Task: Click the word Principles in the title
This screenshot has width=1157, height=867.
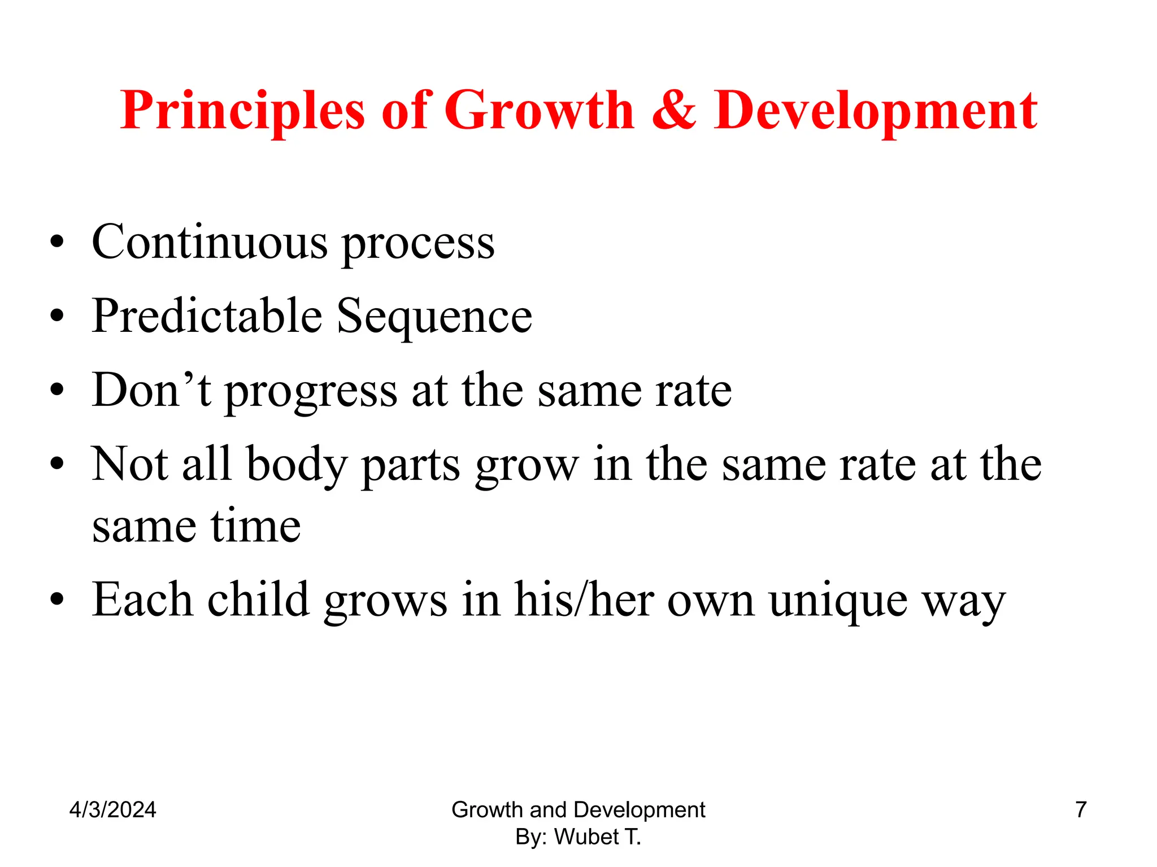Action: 242,111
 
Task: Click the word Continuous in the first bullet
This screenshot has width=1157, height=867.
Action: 209,243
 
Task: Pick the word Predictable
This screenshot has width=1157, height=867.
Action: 207,316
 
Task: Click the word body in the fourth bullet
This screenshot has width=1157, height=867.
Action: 297,466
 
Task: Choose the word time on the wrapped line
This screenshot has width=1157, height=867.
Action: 255,526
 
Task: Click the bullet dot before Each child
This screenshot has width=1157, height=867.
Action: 56,599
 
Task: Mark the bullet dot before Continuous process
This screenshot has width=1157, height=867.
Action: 56,243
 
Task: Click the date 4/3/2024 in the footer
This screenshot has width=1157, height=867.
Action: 112,810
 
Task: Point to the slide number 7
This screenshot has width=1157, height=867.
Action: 1081,809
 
